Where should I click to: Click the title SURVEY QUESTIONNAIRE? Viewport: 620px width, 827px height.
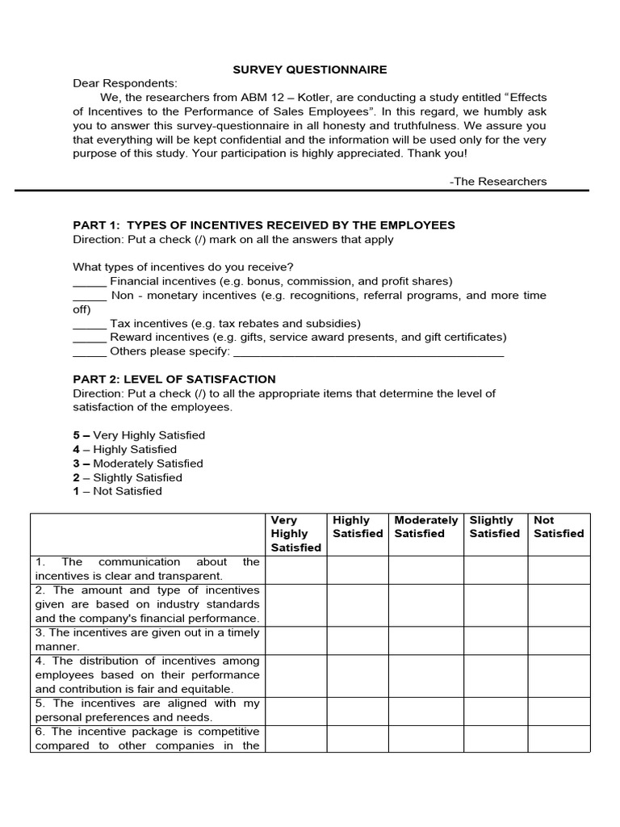click(x=309, y=69)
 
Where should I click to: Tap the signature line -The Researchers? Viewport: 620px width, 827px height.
click(x=497, y=181)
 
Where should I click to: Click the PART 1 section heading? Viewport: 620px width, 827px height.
click(x=264, y=225)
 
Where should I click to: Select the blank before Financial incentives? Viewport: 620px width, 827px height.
click(x=90, y=282)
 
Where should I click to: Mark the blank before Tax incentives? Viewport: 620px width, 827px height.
click(x=90, y=323)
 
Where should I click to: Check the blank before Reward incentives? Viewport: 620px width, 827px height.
click(x=90, y=338)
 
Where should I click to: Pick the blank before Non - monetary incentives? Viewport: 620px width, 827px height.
click(x=90, y=296)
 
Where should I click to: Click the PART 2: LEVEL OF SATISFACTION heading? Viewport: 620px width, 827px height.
click(x=174, y=379)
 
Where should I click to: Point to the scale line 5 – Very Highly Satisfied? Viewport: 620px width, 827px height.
click(x=139, y=435)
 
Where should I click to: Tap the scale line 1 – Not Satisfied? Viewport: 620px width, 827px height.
click(x=117, y=491)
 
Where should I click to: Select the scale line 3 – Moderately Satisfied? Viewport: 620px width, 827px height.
click(x=138, y=464)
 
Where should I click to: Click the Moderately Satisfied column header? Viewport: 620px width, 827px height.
click(x=425, y=527)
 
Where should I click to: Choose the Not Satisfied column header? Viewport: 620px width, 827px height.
click(x=558, y=527)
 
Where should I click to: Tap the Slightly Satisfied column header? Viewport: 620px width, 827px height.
click(x=495, y=527)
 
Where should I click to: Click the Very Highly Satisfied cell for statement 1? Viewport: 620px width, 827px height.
click(x=295, y=569)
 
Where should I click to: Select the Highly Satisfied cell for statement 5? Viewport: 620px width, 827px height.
click(x=358, y=710)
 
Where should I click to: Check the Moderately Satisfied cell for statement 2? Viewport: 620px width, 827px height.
click(x=425, y=604)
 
